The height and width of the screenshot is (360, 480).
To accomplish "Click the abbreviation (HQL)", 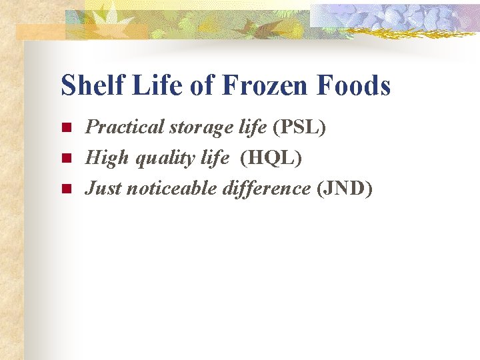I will click(x=271, y=158).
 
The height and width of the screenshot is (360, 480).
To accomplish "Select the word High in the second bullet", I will click(x=103, y=158).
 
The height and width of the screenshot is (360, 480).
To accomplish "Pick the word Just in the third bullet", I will click(x=103, y=189).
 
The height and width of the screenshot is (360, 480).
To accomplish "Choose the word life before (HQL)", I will click(x=214, y=158).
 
